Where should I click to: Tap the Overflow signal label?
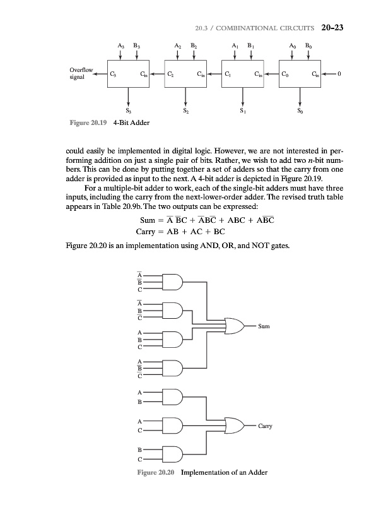pyautogui.click(x=82, y=74)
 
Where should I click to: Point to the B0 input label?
pyautogui.click(x=308, y=45)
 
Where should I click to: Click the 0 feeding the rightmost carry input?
pyautogui.click(x=339, y=74)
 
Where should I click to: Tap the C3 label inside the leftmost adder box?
pyautogui.click(x=113, y=74)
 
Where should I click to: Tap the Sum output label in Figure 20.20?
pyautogui.click(x=264, y=326)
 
